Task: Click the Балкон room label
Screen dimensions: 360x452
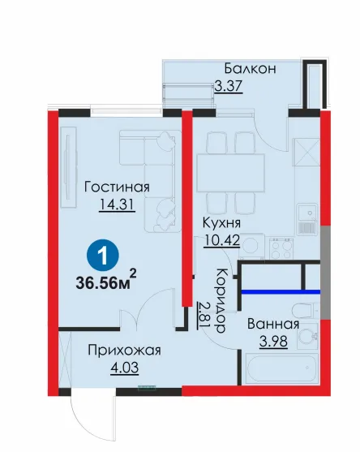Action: [x=250, y=69]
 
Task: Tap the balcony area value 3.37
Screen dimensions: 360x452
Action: [x=229, y=86]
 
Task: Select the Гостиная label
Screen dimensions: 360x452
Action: [x=117, y=187]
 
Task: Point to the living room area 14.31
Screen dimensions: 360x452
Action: [x=117, y=204]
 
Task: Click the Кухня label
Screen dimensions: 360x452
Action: [x=222, y=223]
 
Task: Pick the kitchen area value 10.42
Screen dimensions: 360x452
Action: [x=222, y=240]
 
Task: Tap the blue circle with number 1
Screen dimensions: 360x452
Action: [x=103, y=256]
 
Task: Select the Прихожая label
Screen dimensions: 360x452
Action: [x=124, y=351]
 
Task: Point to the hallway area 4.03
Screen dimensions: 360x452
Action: [x=124, y=368]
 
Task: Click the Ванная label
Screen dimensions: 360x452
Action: [x=273, y=324]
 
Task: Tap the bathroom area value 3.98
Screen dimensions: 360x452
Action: [x=273, y=342]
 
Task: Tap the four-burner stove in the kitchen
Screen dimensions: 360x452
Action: [x=281, y=249]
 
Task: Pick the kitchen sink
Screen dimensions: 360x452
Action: [x=307, y=219]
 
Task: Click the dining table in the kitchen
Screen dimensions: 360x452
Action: [x=230, y=173]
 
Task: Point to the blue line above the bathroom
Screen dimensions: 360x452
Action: [x=281, y=291]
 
